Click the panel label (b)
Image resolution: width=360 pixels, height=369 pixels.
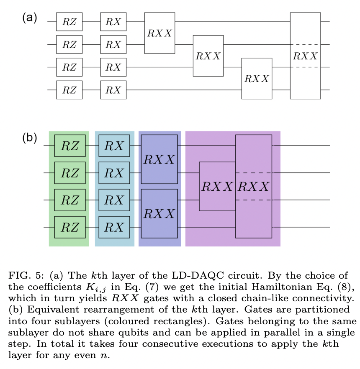tap(30, 138)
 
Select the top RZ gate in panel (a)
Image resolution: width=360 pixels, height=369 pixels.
tap(69, 22)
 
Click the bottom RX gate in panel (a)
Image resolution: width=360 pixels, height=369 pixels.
tap(113, 90)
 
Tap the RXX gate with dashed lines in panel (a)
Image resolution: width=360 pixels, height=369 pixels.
tap(305, 56)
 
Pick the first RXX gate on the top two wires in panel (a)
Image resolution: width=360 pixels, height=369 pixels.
tap(159, 33)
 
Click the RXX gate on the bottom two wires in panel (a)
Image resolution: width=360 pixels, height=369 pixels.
tap(257, 78)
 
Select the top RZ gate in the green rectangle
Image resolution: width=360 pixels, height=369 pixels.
tap(70, 146)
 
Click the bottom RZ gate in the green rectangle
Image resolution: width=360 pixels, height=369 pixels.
tap(70, 227)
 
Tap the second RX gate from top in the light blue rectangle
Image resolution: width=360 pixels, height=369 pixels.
tap(114, 172)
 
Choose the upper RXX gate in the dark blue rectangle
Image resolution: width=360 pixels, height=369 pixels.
tap(159, 159)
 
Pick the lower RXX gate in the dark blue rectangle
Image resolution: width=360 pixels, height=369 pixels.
tap(159, 213)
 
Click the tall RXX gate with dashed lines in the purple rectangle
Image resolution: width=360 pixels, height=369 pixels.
tap(253, 186)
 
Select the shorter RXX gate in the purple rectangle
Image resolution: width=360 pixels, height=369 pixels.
tap(217, 186)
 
